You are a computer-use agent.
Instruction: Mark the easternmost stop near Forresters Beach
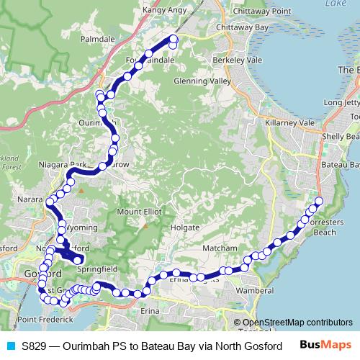[320, 201]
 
